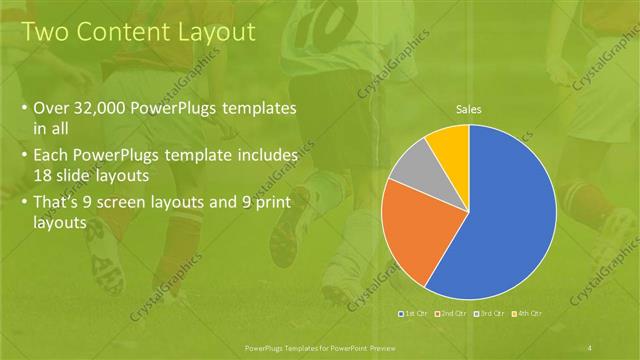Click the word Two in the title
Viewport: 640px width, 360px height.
(x=46, y=32)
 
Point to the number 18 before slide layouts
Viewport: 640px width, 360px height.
(x=44, y=174)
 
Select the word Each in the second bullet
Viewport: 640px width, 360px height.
(x=51, y=156)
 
